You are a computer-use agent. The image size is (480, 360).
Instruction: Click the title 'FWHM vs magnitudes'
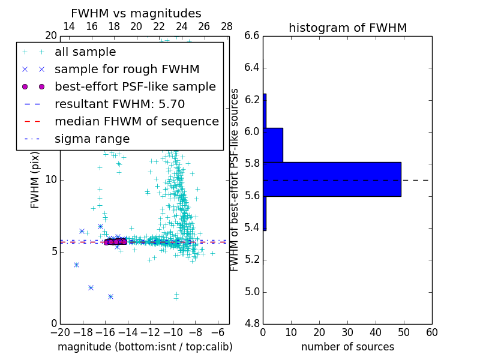(x=136, y=14)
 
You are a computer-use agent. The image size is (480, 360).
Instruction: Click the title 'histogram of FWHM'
(x=347, y=28)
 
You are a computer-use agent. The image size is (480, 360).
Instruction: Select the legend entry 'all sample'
(x=85, y=52)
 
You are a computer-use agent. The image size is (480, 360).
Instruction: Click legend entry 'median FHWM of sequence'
(x=136, y=121)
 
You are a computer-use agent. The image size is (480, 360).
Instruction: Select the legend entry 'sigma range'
(x=92, y=139)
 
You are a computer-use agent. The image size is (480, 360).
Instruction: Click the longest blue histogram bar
(x=332, y=179)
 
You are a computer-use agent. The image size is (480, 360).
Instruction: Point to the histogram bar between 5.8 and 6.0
(x=273, y=145)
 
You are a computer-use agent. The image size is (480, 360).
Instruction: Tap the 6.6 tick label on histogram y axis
(x=251, y=35)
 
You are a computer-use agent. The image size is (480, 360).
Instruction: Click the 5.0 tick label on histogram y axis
(x=251, y=292)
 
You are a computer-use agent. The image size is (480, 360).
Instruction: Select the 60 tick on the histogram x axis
(x=431, y=332)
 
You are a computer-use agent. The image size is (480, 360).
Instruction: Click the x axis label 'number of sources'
(x=347, y=347)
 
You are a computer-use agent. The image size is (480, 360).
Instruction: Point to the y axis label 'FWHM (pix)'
(x=35, y=180)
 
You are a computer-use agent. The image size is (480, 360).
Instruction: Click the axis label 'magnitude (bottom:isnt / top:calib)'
(x=145, y=347)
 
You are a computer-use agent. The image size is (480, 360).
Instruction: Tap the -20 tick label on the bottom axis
(x=60, y=332)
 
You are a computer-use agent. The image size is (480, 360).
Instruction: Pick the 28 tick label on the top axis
(x=227, y=26)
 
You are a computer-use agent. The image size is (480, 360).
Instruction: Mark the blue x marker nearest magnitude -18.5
(x=76, y=265)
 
